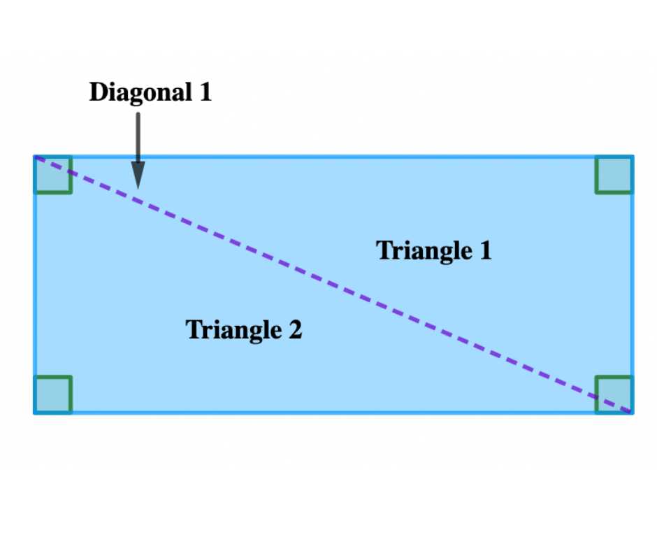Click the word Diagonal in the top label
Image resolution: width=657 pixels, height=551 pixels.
pyautogui.click(x=140, y=93)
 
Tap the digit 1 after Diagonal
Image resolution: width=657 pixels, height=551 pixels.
pyautogui.click(x=205, y=92)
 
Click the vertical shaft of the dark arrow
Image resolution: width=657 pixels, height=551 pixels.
pyautogui.click(x=138, y=137)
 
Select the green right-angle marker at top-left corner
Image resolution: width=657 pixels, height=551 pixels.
pyautogui.click(x=53, y=174)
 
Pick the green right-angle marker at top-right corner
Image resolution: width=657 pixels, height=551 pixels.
pyautogui.click(x=614, y=174)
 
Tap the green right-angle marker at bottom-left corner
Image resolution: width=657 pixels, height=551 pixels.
pyautogui.click(x=53, y=395)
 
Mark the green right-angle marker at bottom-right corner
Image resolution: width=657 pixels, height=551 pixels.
pyautogui.click(x=614, y=395)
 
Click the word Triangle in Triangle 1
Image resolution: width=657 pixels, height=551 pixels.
pyautogui.click(x=424, y=252)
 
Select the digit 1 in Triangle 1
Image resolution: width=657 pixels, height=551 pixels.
pyautogui.click(x=486, y=250)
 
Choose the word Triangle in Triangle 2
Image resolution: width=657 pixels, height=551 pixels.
pyautogui.click(x=234, y=331)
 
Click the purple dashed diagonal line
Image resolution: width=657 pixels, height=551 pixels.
pyautogui.click(x=333, y=285)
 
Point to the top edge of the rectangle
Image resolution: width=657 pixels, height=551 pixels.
pyautogui.click(x=333, y=157)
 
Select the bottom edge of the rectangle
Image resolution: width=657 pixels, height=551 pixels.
pyautogui.click(x=333, y=413)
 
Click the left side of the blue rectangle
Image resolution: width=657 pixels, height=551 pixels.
pyautogui.click(x=35, y=285)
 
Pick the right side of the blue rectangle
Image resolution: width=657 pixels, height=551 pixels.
pyautogui.click(x=632, y=285)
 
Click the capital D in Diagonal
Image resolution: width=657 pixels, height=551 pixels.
pyautogui.click(x=99, y=92)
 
